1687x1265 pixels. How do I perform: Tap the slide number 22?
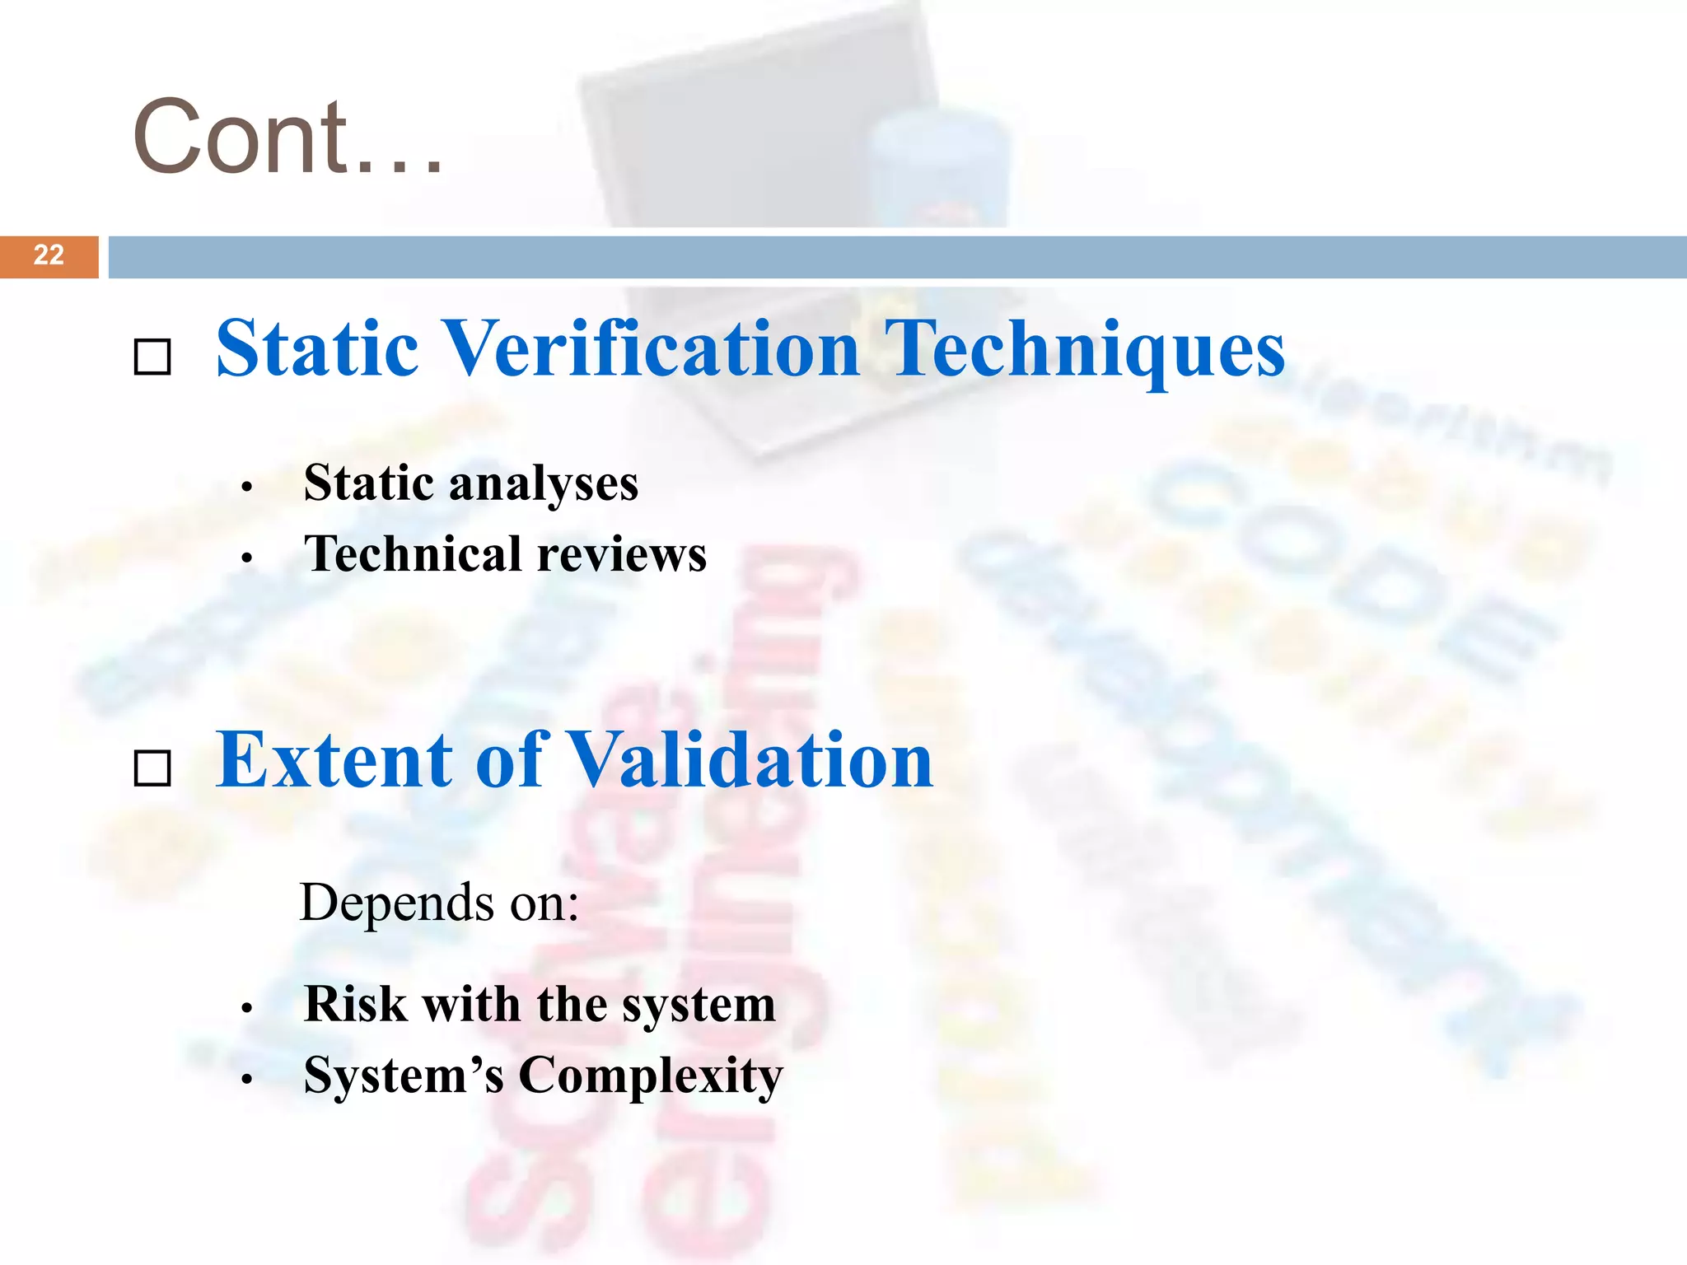49,255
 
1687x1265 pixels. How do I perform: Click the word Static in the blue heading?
317,349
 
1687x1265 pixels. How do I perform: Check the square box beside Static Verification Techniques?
152,357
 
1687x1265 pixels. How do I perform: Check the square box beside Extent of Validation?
152,768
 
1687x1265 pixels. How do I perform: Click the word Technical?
413,553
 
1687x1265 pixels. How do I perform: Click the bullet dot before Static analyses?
246,488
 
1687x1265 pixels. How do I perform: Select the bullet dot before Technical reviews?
246,558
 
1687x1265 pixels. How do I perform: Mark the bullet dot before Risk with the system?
246,1009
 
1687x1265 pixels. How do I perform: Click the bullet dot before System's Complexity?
246,1080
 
